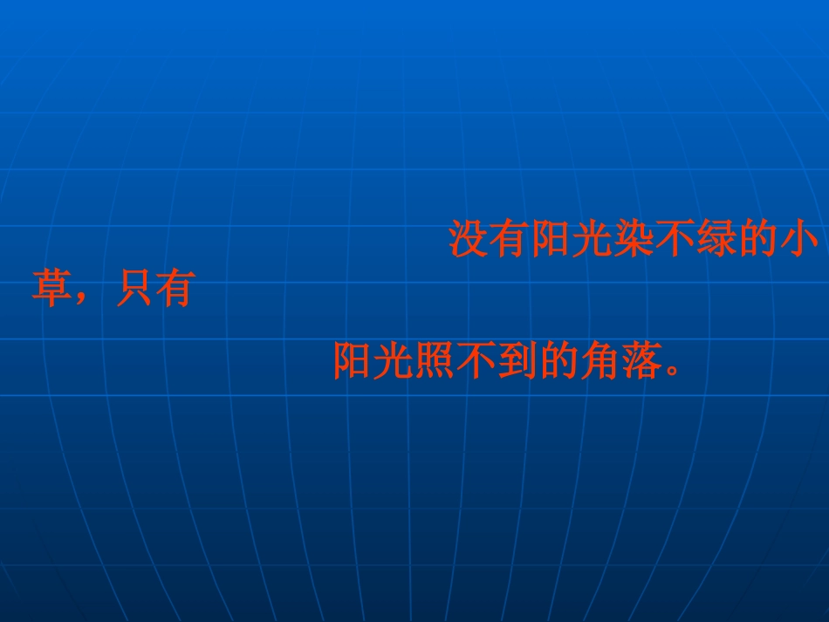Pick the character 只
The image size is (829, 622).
click(132, 290)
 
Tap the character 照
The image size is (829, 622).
click(435, 360)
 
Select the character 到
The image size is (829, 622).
click(517, 360)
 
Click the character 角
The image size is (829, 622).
click(599, 360)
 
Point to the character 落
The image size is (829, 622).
click(640, 360)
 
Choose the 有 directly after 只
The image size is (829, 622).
click(173, 290)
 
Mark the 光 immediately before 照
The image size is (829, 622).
click(394, 360)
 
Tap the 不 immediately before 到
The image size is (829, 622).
click(476, 360)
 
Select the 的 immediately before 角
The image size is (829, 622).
click(558, 360)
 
